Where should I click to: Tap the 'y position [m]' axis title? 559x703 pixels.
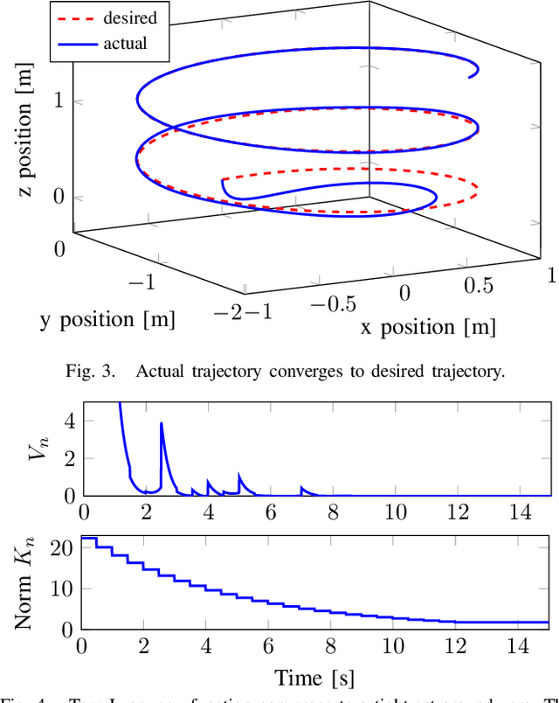107,320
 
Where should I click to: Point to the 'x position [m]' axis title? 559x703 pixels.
428,327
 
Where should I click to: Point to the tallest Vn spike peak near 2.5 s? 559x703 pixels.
161,423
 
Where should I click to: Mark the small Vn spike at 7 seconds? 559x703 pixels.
301,488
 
